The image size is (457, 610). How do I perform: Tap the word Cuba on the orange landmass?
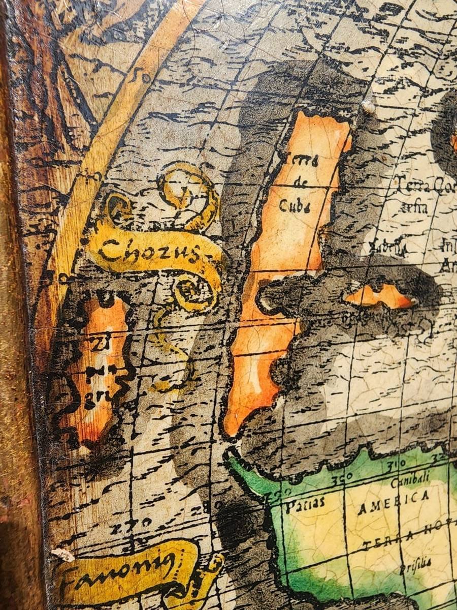[295, 205]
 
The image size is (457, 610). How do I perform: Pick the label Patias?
[304, 504]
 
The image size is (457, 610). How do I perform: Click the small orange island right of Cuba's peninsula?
[380, 296]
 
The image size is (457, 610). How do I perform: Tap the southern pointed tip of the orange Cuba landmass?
[231, 427]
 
